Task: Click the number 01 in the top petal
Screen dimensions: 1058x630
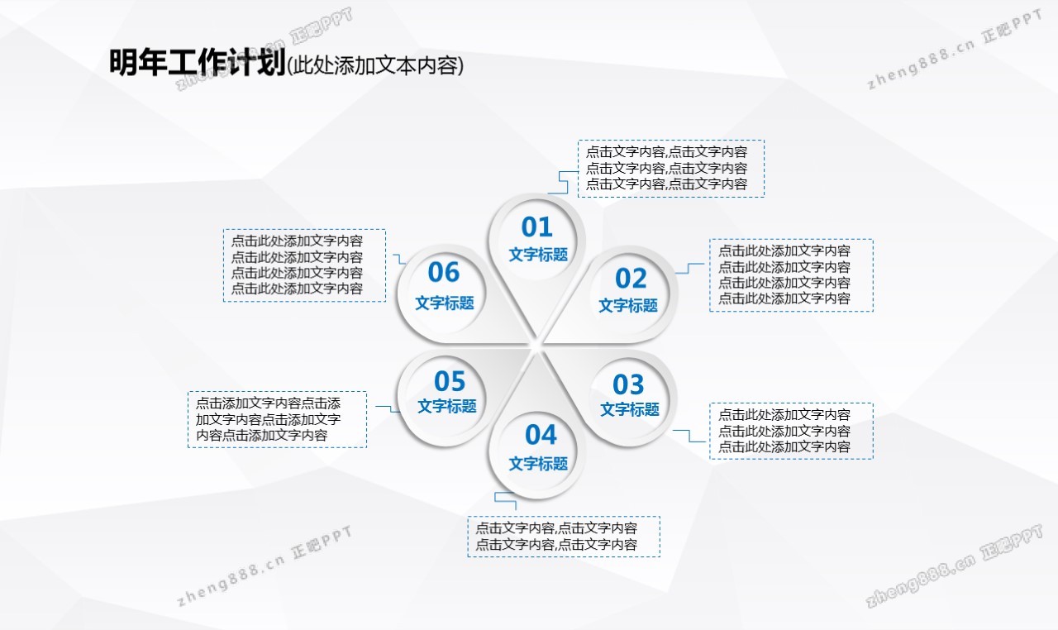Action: click(x=536, y=227)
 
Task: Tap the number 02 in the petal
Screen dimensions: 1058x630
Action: click(x=631, y=278)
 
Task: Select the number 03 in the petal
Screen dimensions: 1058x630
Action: click(x=628, y=384)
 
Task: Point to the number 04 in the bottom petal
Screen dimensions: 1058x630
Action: click(x=541, y=435)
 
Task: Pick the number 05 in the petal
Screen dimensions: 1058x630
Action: click(x=450, y=381)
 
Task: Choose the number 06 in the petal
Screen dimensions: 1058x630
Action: click(x=444, y=272)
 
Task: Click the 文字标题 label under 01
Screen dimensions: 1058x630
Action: click(x=538, y=255)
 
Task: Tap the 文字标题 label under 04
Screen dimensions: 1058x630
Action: click(x=538, y=464)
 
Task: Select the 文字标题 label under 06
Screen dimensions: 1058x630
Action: click(x=445, y=303)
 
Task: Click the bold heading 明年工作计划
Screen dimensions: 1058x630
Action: click(x=198, y=62)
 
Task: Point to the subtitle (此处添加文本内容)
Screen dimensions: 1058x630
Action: click(x=375, y=65)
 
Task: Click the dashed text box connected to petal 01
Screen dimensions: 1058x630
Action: click(x=671, y=169)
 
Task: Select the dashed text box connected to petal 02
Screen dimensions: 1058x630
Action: click(x=791, y=275)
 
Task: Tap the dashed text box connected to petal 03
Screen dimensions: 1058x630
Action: click(x=791, y=432)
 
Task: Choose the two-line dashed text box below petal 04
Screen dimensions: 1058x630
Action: click(x=564, y=537)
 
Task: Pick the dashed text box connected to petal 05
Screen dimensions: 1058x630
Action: click(x=277, y=419)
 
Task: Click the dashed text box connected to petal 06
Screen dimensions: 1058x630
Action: click(x=305, y=265)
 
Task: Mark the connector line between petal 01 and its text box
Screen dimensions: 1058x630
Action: click(x=563, y=182)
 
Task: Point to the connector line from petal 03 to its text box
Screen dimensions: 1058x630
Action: click(x=689, y=436)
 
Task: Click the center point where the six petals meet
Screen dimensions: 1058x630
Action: click(x=536, y=346)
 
